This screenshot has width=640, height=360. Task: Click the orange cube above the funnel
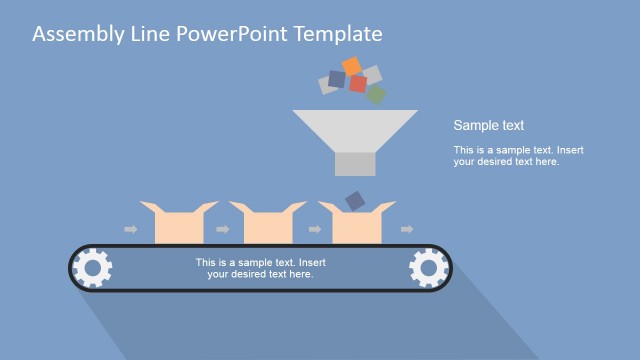pos(351,66)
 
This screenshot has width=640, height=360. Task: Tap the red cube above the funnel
pos(358,84)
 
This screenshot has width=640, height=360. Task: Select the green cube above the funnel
pos(375,94)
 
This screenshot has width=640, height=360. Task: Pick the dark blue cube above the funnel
pos(337,79)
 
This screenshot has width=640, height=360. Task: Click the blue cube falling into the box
pos(355,201)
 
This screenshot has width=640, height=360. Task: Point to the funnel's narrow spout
pos(355,164)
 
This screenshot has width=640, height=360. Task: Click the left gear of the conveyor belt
pos(93,268)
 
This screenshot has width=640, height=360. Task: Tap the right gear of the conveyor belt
pos(428,268)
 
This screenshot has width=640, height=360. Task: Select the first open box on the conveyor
pos(178,224)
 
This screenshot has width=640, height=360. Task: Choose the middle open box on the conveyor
pos(267,224)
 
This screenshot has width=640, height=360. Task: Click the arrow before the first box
pos(130,230)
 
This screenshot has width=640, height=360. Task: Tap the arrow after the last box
pos(402,230)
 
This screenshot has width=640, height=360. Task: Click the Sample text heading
pos(489,126)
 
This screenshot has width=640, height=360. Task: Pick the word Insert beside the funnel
pos(566,151)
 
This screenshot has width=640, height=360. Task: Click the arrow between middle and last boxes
pos(314,230)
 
